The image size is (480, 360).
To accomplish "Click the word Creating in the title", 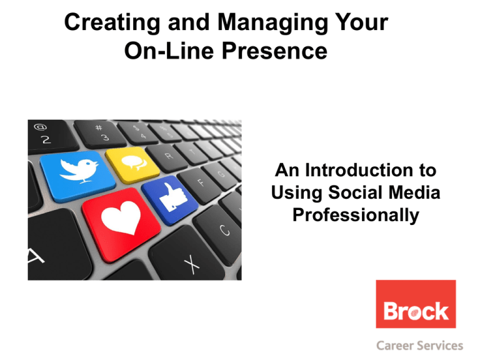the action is tap(112, 23).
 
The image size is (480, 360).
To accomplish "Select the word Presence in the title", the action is tap(274, 51).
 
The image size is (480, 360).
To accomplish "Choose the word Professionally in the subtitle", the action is tap(356, 215).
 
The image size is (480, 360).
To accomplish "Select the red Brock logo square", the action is tap(416, 304).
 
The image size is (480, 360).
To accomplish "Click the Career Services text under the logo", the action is tap(420, 346).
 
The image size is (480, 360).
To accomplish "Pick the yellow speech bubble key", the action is tap(132, 164).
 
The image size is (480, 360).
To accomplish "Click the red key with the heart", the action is tap(121, 224).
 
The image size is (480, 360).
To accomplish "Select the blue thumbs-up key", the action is tap(169, 199).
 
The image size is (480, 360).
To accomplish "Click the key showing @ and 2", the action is tap(51, 136).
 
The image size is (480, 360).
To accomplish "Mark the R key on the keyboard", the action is tap(167, 157).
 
